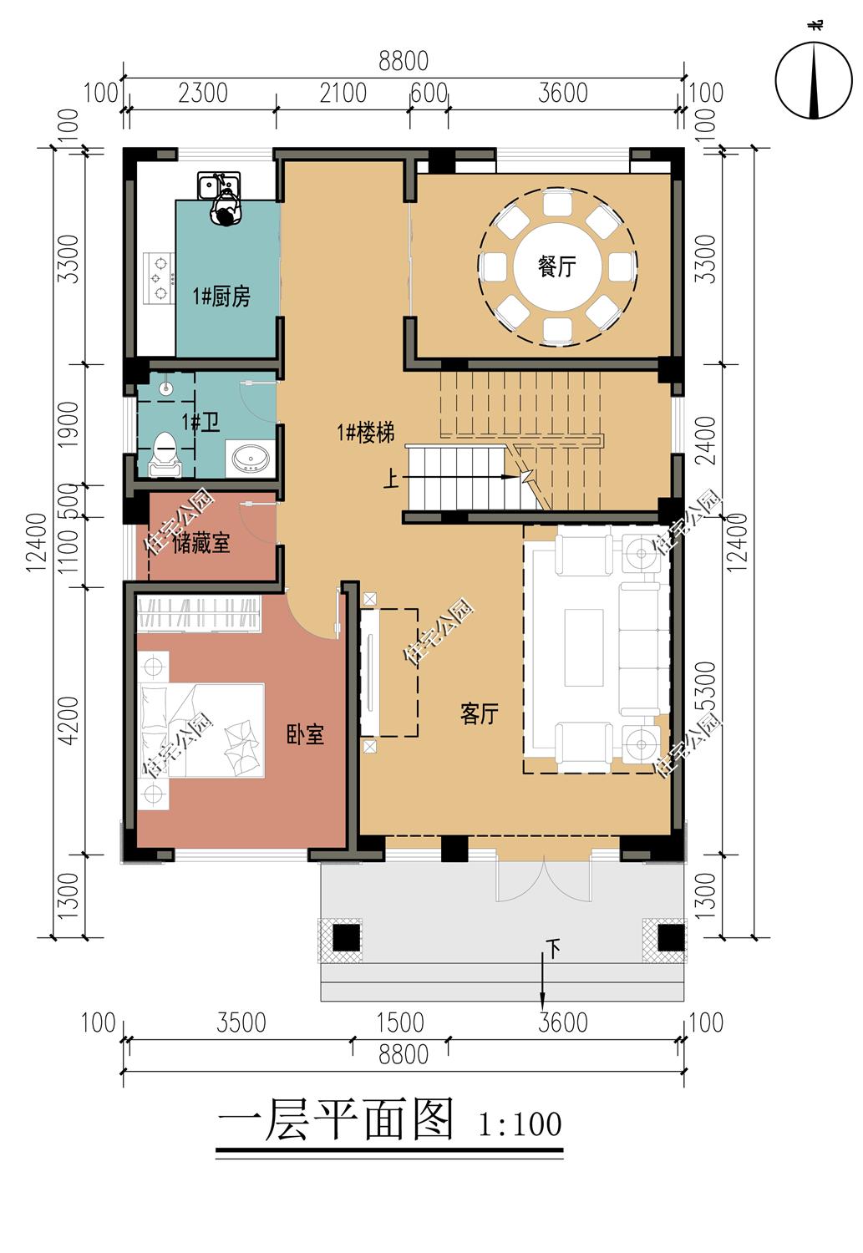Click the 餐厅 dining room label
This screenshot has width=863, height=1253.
coord(556,266)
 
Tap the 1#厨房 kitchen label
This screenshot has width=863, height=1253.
coord(221,296)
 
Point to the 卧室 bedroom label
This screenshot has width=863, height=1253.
coord(305,734)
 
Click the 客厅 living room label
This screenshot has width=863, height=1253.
coord(479,713)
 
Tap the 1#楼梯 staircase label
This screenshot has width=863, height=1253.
coord(366,433)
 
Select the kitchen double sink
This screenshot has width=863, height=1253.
coord(219,185)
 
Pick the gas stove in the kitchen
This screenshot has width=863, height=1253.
coord(159,278)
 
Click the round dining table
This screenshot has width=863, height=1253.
coord(557,266)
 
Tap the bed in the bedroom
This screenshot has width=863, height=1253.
coord(201,730)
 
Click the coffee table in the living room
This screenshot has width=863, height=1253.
coord(583,647)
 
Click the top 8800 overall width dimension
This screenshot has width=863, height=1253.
coord(404,61)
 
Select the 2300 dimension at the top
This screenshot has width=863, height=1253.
coord(202,93)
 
